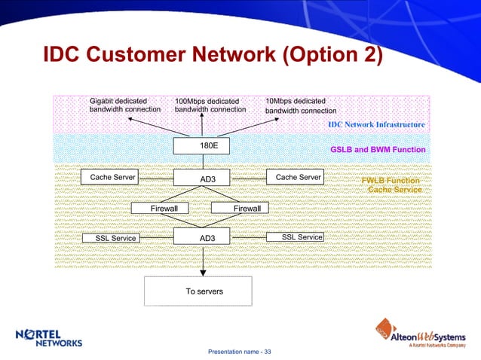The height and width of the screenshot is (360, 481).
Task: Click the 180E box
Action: click(x=204, y=145)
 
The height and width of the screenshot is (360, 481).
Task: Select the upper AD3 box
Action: click(x=204, y=178)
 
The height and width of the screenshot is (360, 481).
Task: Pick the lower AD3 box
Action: click(x=204, y=238)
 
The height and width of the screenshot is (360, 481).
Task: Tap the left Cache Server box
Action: click(x=112, y=177)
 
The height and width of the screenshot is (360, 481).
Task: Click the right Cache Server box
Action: click(x=295, y=177)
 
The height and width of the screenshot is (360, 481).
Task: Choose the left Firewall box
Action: click(x=160, y=208)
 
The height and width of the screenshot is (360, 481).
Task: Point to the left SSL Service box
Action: click(x=115, y=238)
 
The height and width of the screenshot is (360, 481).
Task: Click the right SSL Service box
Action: click(x=296, y=237)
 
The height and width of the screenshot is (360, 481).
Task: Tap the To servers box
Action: click(x=204, y=291)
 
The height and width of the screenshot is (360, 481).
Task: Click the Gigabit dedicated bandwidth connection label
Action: click(x=124, y=105)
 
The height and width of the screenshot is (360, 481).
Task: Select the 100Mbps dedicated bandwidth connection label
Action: click(x=210, y=105)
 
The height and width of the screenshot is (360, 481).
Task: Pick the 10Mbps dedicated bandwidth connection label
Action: click(x=300, y=105)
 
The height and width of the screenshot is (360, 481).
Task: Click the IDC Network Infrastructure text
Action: click(x=376, y=124)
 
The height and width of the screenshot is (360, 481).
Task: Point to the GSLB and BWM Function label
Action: click(x=378, y=150)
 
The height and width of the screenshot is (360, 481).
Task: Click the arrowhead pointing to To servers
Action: click(x=204, y=273)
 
